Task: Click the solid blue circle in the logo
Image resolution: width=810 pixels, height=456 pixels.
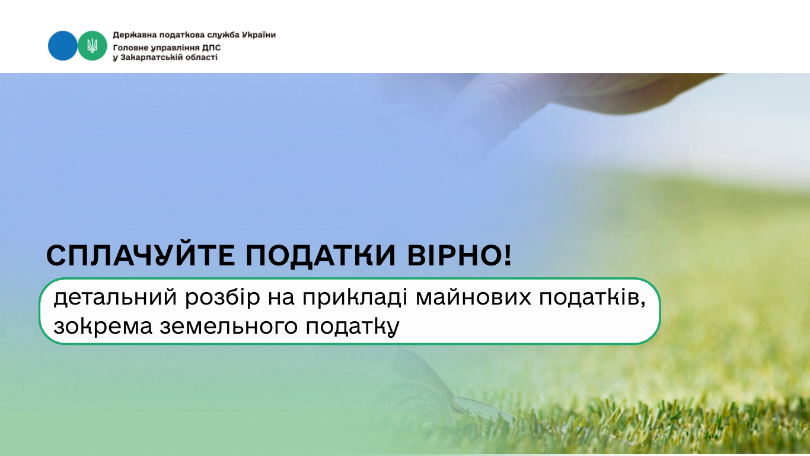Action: [62, 46]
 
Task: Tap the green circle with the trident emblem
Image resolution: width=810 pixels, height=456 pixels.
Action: [93, 46]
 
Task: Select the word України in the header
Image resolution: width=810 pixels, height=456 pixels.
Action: [259, 35]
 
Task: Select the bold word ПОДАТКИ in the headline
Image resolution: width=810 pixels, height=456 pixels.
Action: [321, 256]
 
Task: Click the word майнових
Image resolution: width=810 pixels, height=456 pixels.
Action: [473, 297]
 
